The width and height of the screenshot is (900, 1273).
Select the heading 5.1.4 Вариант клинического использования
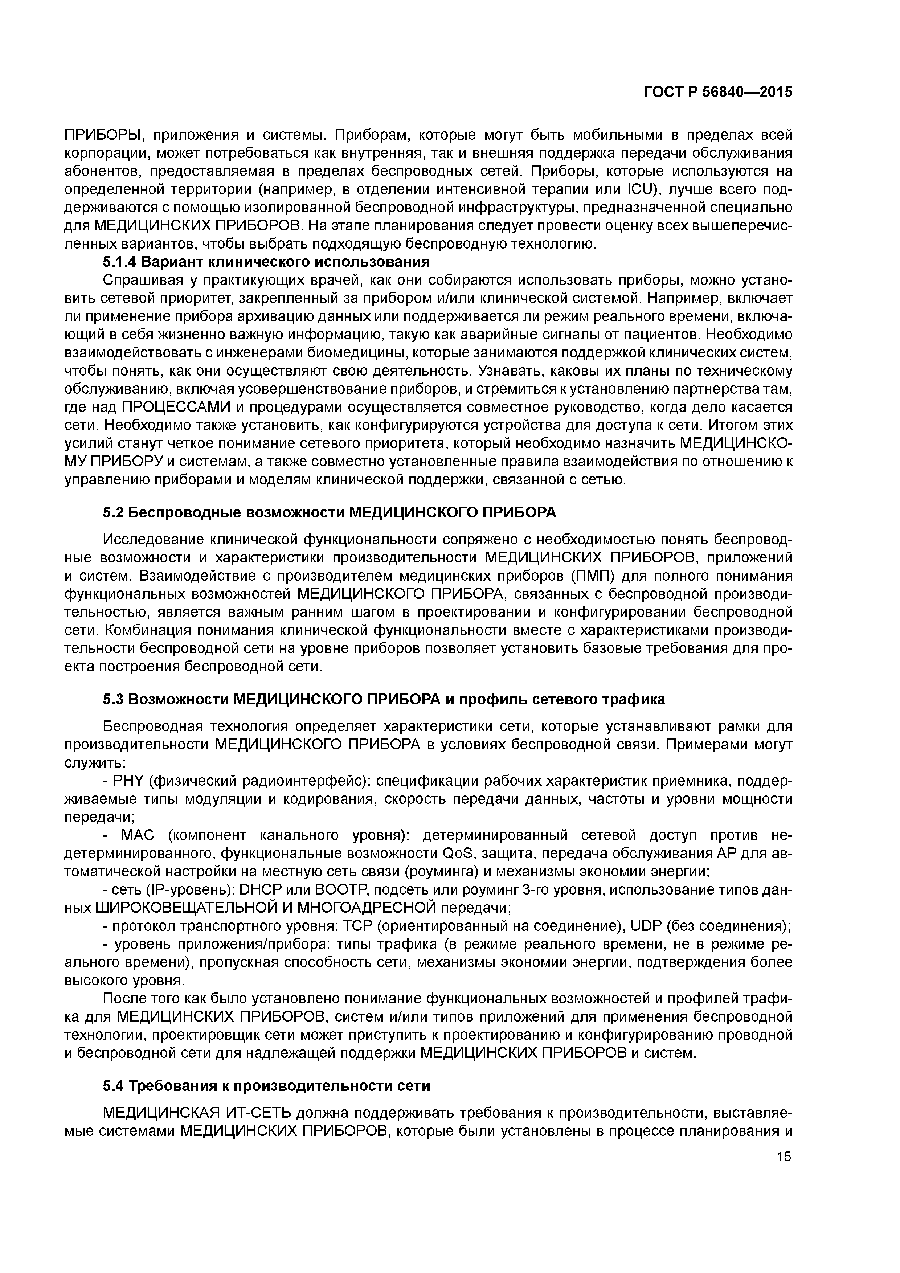click(x=266, y=261)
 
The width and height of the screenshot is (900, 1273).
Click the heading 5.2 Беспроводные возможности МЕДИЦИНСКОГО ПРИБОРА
click(x=330, y=513)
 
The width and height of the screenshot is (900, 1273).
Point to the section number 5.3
click(x=113, y=700)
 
